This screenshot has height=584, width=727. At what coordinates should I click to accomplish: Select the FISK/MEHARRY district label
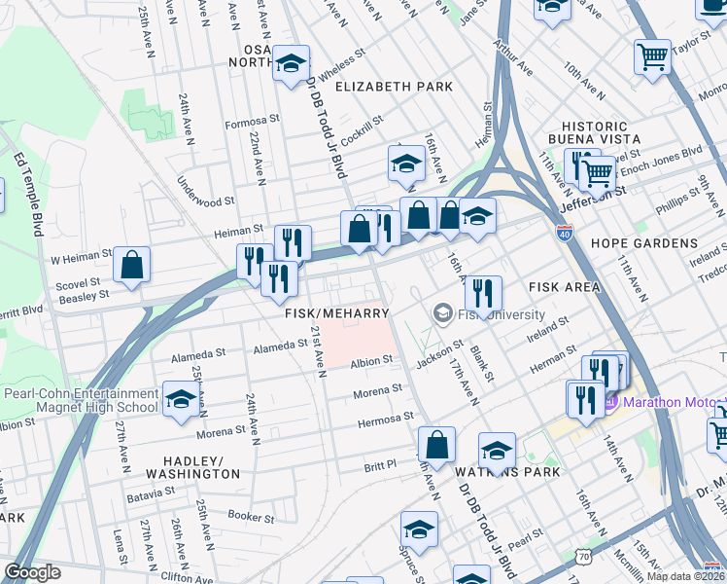coord(336,313)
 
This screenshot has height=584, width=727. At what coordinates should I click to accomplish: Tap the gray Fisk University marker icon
coord(442,312)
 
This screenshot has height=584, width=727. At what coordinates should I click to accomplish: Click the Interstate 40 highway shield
coord(567,234)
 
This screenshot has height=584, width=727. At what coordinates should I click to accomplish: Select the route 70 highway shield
coord(582,556)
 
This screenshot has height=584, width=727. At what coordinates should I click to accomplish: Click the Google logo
coord(32,572)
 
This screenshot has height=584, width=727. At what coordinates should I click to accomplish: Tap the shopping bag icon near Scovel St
coord(131,265)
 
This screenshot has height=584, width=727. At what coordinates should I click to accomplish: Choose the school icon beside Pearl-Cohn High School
coord(181,399)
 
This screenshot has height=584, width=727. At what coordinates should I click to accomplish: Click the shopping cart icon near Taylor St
coord(651,55)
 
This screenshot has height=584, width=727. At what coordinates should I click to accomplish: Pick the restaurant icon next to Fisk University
coord(482,293)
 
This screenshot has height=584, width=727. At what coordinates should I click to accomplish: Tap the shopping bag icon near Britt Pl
coord(436,445)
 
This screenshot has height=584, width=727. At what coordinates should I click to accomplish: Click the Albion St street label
coord(370,360)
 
